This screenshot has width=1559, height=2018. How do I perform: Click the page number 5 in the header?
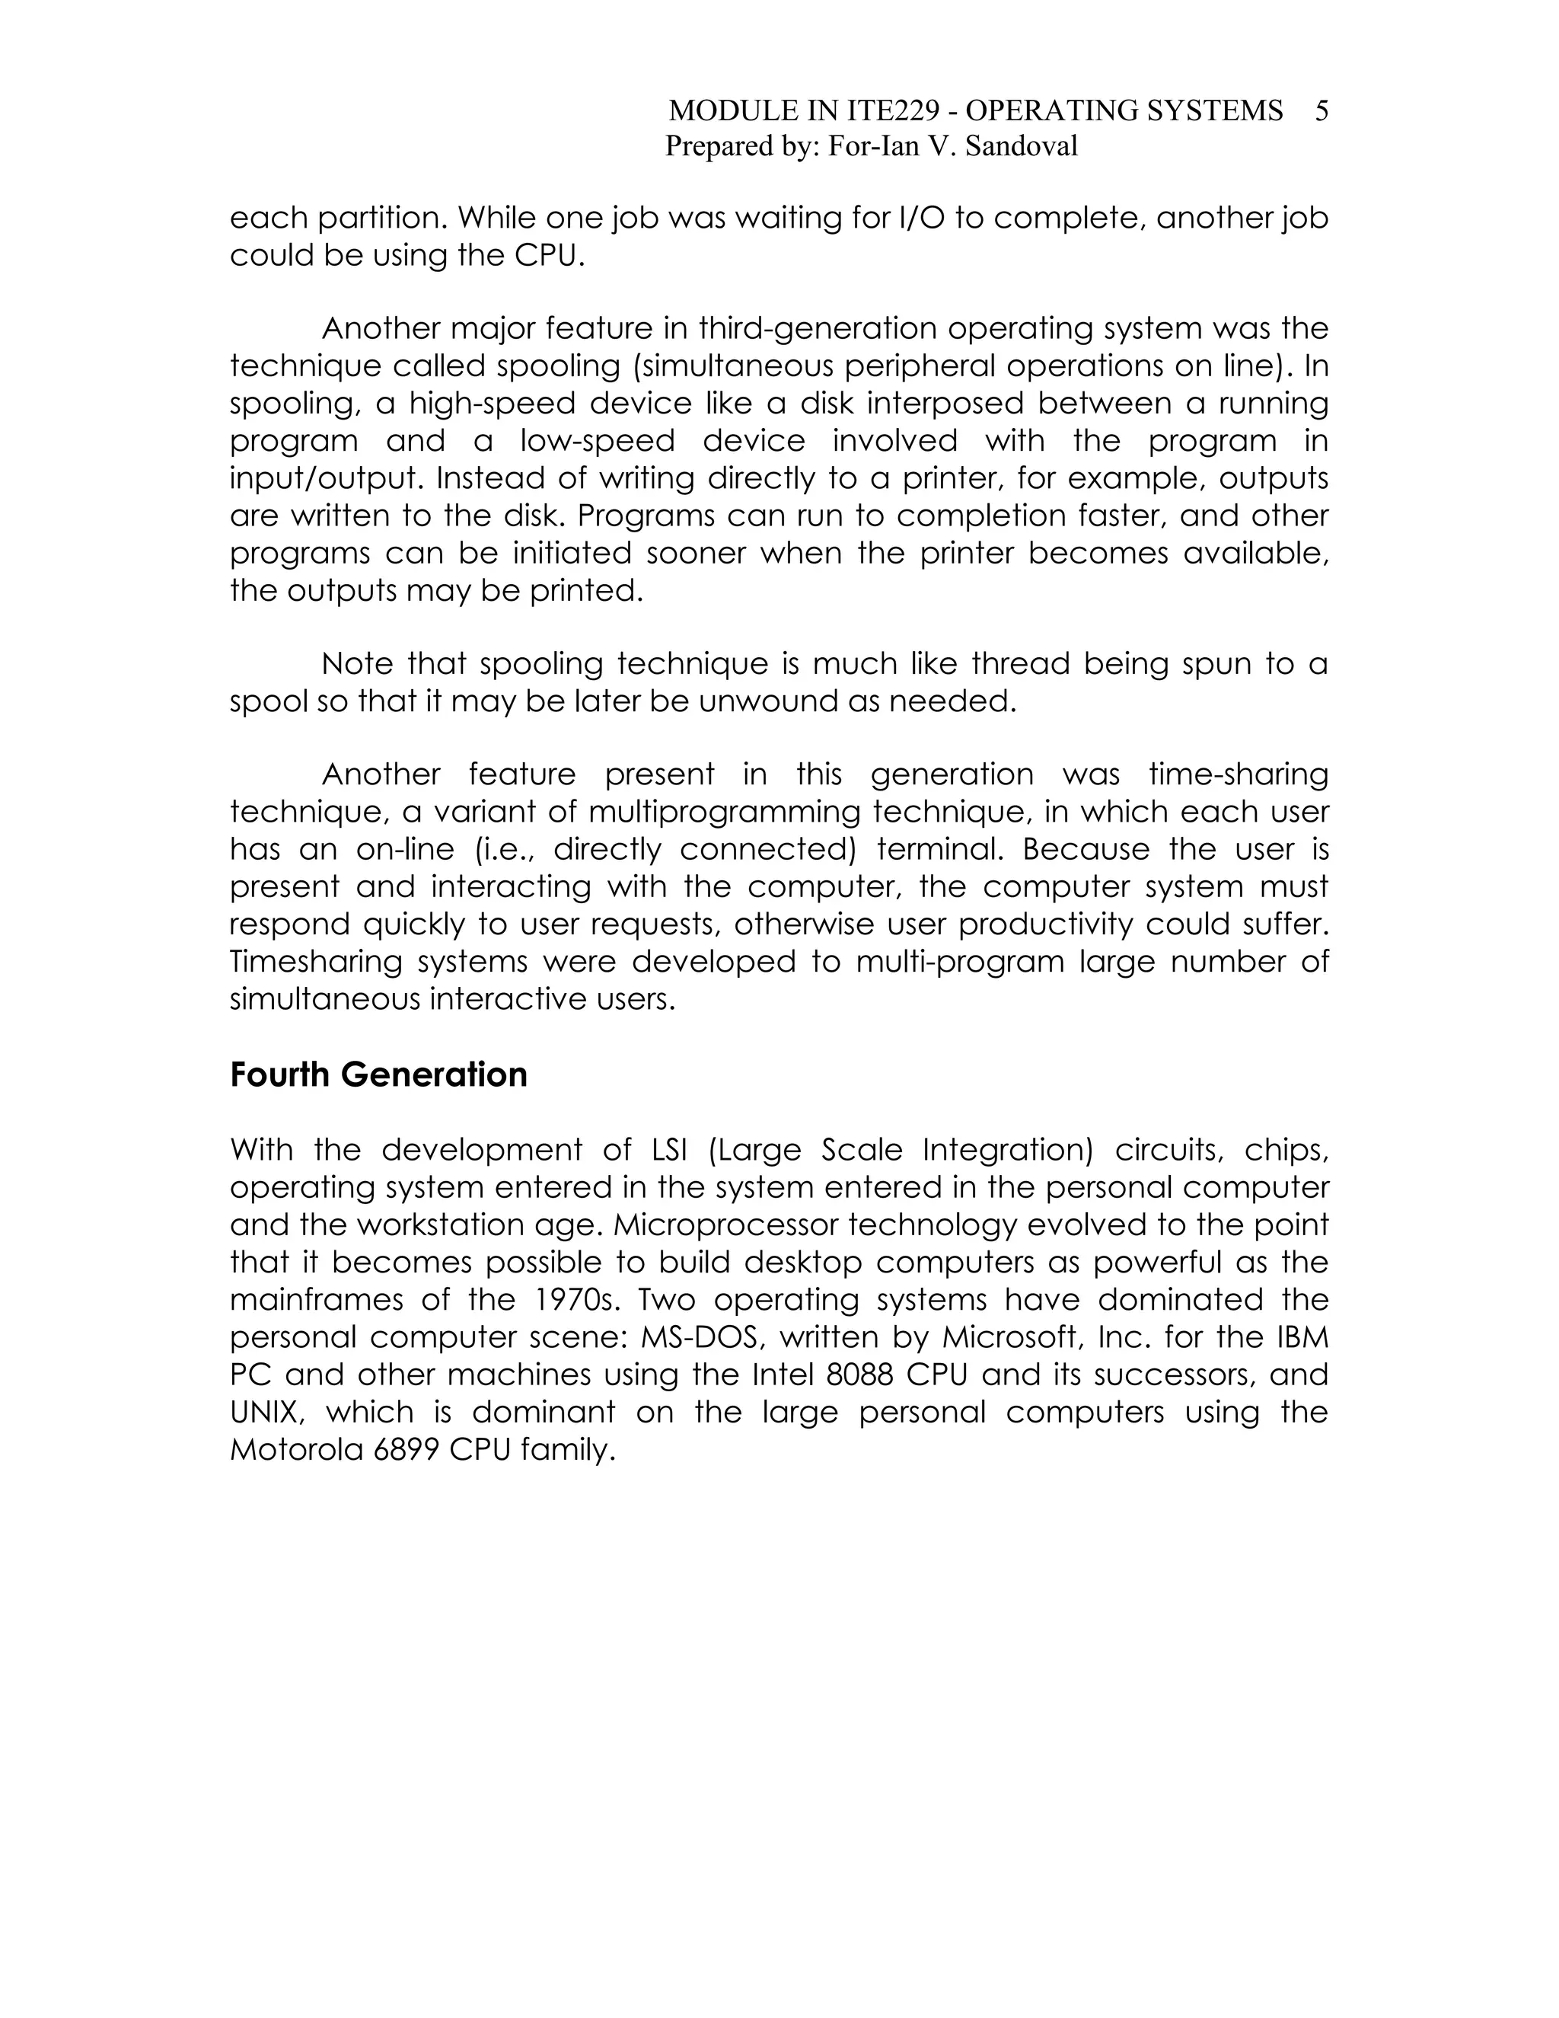[1321, 111]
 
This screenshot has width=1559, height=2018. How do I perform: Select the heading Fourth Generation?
[378, 1074]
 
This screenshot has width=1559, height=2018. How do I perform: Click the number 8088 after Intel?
[859, 1375]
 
